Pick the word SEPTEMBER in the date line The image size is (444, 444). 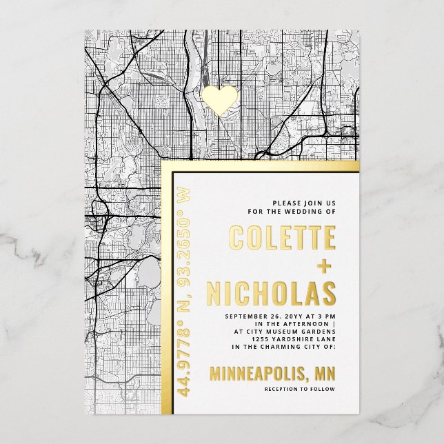tap(248, 316)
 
